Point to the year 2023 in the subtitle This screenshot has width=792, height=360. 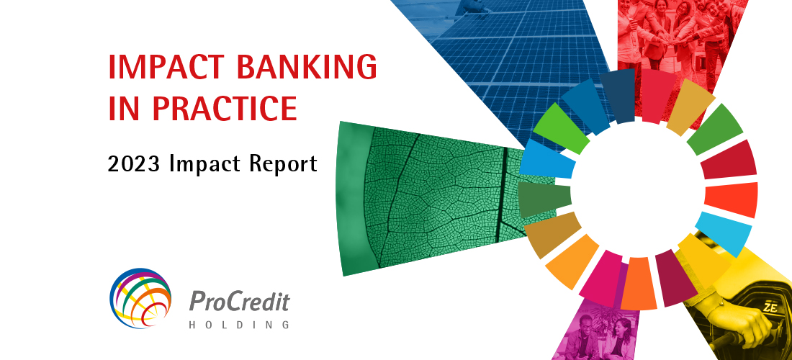click(134, 164)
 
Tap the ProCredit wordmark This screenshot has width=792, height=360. click(239, 301)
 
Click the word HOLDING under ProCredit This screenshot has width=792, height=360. click(239, 325)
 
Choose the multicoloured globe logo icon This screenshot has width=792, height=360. click(141, 297)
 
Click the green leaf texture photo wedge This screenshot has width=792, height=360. click(418, 198)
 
